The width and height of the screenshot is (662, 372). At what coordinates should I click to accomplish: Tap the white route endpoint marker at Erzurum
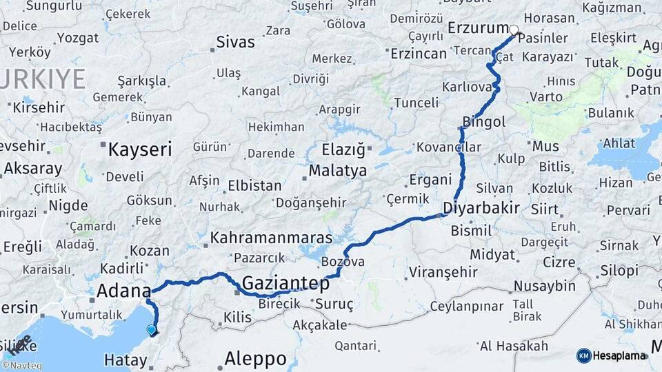coord(514,30)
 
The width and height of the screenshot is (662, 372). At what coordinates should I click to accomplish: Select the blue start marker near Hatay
coord(152,330)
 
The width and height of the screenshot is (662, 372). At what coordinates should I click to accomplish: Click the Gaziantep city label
coord(285,282)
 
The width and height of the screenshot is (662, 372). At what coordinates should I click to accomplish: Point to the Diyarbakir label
coord(481,208)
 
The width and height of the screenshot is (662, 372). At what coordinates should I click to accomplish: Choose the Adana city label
coord(123,290)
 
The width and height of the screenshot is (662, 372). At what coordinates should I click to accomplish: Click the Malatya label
coord(338,171)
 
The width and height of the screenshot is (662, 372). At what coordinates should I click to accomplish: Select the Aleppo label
coord(256,358)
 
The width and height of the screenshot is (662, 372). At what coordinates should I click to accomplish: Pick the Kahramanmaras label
coord(271,238)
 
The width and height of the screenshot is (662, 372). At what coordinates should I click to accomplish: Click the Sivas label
coord(235,42)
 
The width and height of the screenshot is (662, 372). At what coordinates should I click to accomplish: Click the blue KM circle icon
coord(583,355)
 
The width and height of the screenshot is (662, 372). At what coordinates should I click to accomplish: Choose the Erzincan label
coord(419,53)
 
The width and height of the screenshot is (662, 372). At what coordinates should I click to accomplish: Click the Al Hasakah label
coord(514,346)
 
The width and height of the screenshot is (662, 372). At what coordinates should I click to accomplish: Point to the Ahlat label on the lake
coord(619,143)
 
